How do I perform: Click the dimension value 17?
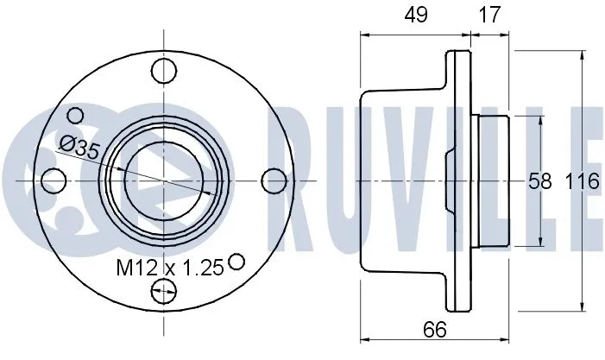[x=488, y=14]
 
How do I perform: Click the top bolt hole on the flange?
[x=164, y=70]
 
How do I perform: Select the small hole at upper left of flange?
[x=76, y=115]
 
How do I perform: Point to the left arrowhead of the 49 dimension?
[x=364, y=35]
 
